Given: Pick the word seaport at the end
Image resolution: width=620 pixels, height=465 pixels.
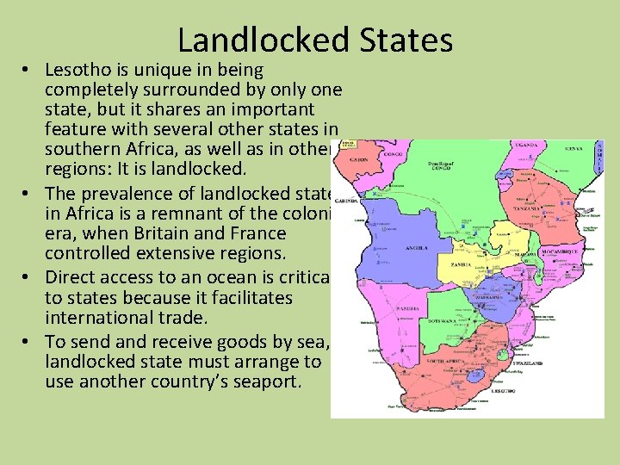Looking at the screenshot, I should point(264,381).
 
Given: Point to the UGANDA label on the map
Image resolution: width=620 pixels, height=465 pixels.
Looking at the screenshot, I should point(527,146).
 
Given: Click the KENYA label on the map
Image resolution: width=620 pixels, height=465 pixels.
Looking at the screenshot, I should point(573,149).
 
